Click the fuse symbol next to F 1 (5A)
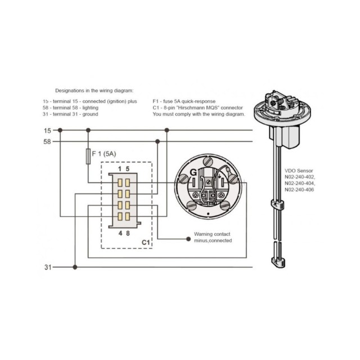[x=88, y=156]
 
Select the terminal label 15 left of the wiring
[x=47, y=130]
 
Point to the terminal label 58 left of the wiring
[x=47, y=142]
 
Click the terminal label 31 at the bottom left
[x=47, y=267]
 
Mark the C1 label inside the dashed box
[x=145, y=242]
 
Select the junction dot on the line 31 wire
[x=75, y=267]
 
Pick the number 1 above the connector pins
[x=119, y=169]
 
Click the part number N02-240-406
[x=300, y=190]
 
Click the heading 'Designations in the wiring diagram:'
[x=94, y=90]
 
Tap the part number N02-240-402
[x=300, y=177]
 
